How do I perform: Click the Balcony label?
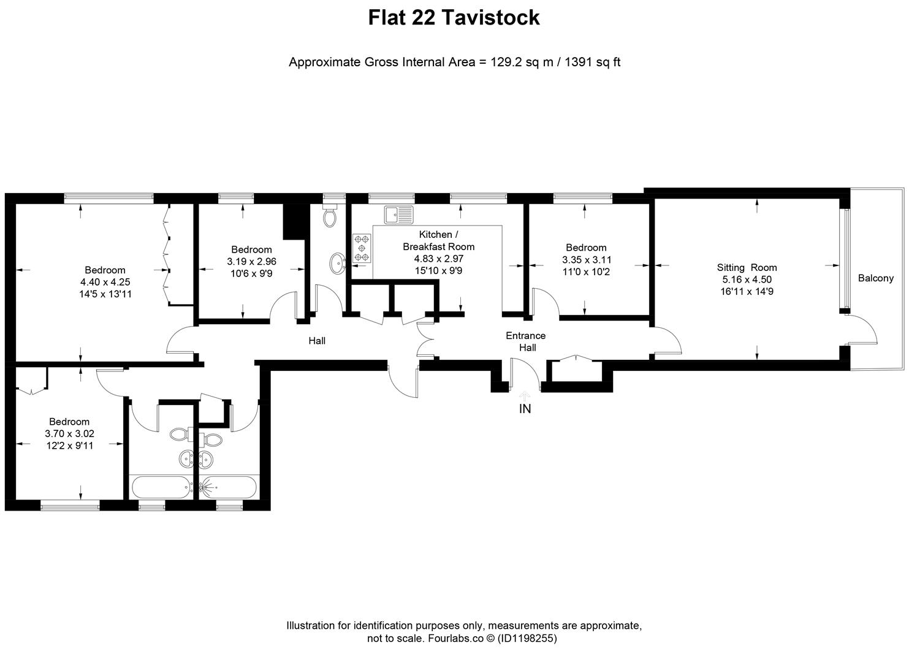[x=875, y=278]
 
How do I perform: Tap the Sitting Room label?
[x=747, y=267]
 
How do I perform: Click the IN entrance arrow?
[x=525, y=397]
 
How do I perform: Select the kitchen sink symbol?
[x=399, y=215]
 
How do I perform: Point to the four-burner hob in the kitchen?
[x=362, y=248]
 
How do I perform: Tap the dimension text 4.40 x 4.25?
[x=105, y=282]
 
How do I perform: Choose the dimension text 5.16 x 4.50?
[x=747, y=280]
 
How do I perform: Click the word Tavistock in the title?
[x=490, y=17]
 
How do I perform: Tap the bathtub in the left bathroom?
[x=162, y=487]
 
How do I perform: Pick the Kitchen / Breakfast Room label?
[x=439, y=240]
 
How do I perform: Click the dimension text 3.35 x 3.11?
[x=587, y=260]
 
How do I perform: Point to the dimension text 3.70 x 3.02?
[x=69, y=433]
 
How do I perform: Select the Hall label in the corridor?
[x=317, y=341]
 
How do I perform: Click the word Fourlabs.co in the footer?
[x=455, y=639]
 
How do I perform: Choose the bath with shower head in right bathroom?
[x=229, y=487]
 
